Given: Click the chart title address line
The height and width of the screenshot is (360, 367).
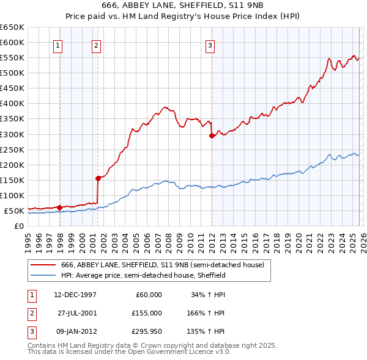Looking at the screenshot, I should click(183, 5).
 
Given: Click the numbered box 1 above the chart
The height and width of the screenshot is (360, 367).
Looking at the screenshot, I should click(57, 45).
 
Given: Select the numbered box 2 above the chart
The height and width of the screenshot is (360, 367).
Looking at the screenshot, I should click(97, 45).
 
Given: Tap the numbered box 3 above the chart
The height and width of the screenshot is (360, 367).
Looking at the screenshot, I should click(210, 45).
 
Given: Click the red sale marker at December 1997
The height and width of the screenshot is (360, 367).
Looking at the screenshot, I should click(59, 207).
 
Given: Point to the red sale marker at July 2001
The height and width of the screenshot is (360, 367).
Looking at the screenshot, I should click(98, 178).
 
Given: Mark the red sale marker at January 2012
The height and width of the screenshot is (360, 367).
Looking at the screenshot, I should click(212, 135).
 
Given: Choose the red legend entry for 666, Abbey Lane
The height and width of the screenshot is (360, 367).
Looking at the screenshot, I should click(162, 265).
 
